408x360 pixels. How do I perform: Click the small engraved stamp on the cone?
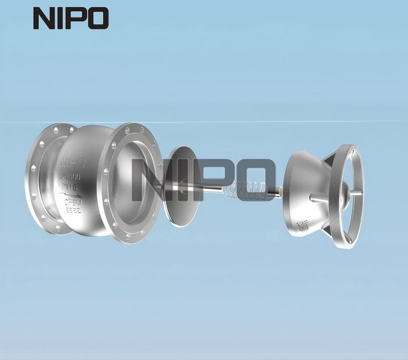[303, 225]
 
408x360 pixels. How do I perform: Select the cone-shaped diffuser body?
[302, 194]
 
